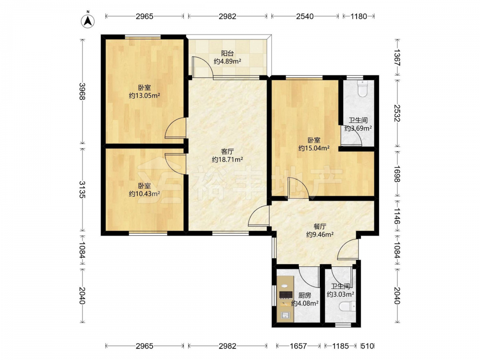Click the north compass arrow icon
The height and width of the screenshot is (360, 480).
87,20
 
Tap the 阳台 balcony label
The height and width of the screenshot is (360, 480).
228,54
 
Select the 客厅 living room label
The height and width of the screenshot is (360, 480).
228,152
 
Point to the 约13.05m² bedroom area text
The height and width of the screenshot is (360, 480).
144,96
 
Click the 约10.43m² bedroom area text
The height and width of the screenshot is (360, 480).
144,194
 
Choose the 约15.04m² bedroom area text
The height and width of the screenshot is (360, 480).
314,148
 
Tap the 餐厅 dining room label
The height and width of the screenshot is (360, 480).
320,227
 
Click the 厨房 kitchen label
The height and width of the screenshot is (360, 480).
305,295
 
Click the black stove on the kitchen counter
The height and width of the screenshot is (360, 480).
285,295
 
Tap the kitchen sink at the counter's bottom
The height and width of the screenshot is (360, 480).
285,315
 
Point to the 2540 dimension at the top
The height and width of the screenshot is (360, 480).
305,16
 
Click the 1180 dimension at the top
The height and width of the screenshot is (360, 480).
359,16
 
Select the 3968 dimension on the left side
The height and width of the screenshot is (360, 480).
82,91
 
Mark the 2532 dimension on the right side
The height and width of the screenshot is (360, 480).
397,113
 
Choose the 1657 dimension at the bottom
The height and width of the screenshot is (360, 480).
298,346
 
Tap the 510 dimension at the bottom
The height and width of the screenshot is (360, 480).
367,346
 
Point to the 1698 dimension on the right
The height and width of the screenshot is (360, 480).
397,174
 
